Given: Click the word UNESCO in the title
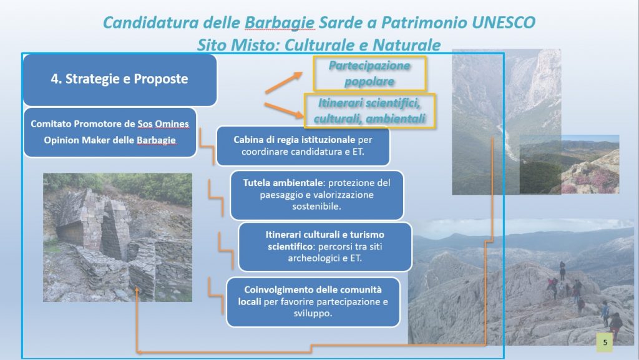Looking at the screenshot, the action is [x=504, y=22].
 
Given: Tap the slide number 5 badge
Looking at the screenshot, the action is [x=605, y=343].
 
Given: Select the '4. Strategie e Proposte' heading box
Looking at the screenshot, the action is [x=120, y=80].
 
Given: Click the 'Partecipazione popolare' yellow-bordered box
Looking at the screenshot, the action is [x=369, y=74].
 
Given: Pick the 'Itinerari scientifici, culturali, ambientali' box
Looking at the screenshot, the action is [x=369, y=111].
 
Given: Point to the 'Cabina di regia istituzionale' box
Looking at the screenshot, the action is [x=303, y=146].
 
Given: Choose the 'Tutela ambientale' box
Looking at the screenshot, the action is [x=316, y=195].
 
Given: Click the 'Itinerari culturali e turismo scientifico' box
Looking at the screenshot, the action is [x=324, y=246].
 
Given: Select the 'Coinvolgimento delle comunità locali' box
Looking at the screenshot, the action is [x=313, y=302].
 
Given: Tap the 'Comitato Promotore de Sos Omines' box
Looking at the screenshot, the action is [x=110, y=132].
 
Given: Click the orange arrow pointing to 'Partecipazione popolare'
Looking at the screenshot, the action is [x=284, y=83].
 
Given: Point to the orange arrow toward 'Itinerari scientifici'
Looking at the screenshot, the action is [x=285, y=110].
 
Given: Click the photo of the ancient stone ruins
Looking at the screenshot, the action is [x=117, y=238].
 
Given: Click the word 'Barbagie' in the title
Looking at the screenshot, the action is [x=280, y=23].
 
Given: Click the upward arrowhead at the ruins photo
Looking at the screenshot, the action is [x=137, y=290].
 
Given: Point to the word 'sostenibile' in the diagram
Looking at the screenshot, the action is [x=316, y=206].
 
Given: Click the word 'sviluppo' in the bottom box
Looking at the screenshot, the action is [x=313, y=313].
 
